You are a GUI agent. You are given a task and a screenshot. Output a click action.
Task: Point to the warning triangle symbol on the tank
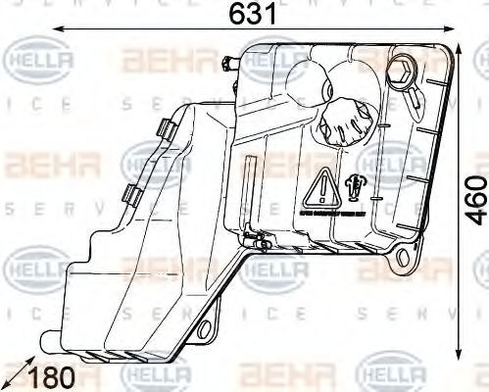(322, 184)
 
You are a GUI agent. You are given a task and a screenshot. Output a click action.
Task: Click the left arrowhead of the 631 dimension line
(57, 29)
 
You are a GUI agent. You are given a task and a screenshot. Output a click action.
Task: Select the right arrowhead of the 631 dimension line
(451, 29)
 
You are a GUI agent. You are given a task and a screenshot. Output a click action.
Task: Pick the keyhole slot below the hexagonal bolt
(416, 97)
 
